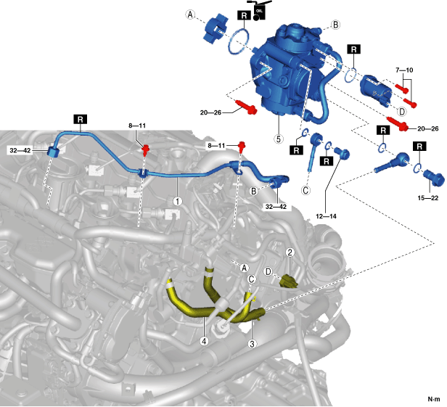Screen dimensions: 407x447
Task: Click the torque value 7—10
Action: (404, 70)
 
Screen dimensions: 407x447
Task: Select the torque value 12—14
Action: (329, 194)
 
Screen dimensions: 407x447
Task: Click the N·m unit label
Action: (432, 398)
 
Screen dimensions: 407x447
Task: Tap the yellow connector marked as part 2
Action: (290, 281)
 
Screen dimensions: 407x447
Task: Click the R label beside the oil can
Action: (243, 14)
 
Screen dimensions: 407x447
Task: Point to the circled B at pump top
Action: (336, 25)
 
